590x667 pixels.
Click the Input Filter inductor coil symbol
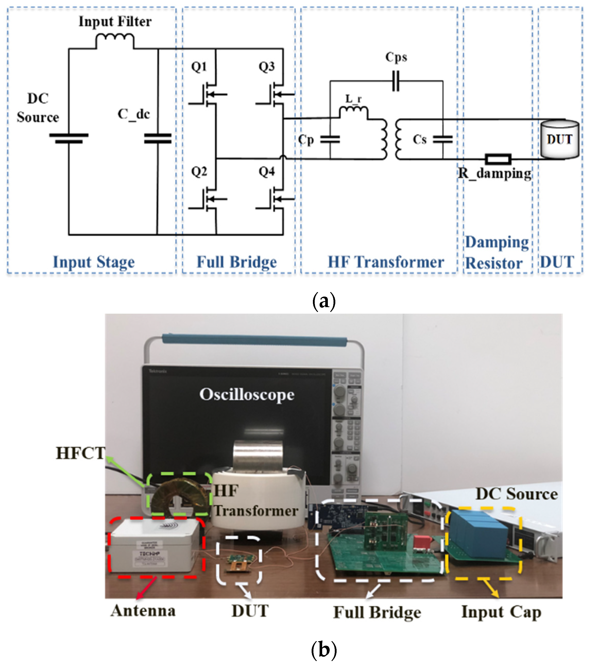(x=115, y=41)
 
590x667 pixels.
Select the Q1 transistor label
(x=199, y=67)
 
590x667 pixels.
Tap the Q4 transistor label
(x=267, y=172)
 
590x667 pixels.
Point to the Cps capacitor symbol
(x=396, y=81)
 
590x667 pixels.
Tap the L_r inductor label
(x=354, y=99)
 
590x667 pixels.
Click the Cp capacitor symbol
(x=330, y=140)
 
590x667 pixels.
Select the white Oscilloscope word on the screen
(x=247, y=395)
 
